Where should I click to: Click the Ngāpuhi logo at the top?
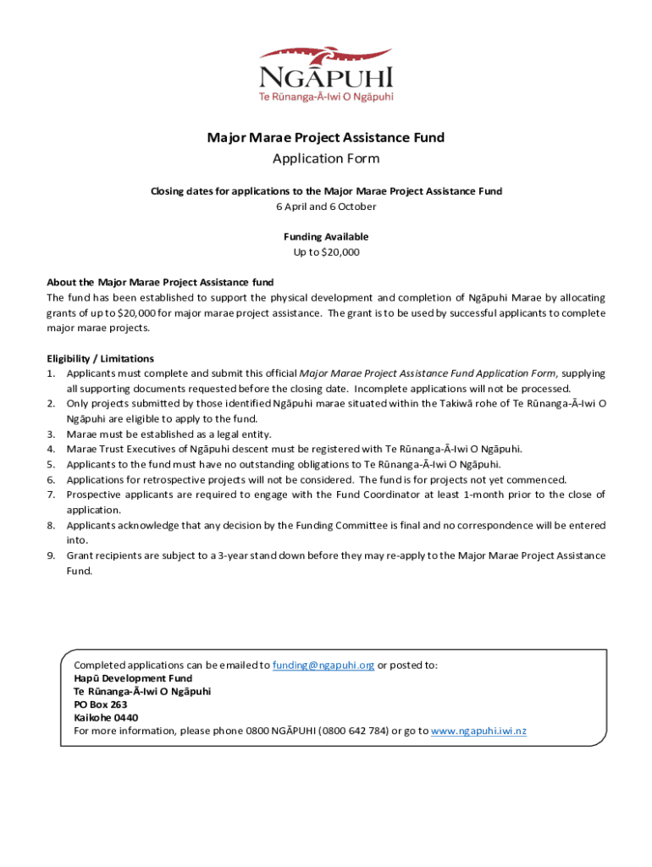pyautogui.click(x=326, y=72)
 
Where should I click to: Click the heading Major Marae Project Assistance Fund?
pyautogui.click(x=326, y=137)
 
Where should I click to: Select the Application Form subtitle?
pyautogui.click(x=326, y=158)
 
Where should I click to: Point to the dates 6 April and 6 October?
pyautogui.click(x=326, y=207)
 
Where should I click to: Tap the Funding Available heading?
pyautogui.click(x=326, y=237)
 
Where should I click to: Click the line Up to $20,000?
pyautogui.click(x=326, y=252)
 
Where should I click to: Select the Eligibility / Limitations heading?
pyautogui.click(x=100, y=358)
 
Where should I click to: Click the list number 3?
pyautogui.click(x=52, y=434)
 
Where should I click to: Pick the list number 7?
pyautogui.click(x=52, y=494)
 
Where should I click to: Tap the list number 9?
pyautogui.click(x=52, y=555)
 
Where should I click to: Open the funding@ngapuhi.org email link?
pyautogui.click(x=323, y=665)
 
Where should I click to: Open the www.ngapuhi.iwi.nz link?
pyautogui.click(x=478, y=731)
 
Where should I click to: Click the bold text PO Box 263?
pyautogui.click(x=101, y=704)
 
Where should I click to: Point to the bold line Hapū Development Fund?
pyautogui.click(x=133, y=678)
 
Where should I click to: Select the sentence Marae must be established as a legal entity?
pyautogui.click(x=169, y=434)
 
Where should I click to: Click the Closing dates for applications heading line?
pyautogui.click(x=326, y=191)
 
